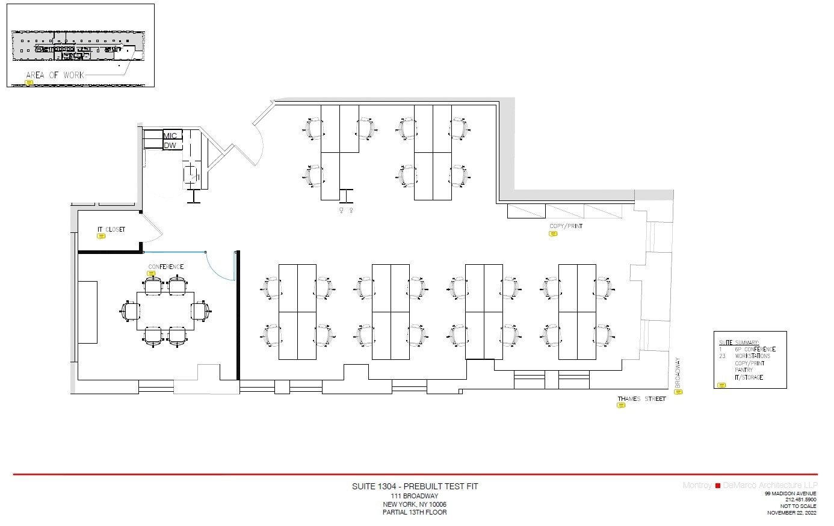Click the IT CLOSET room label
[x=111, y=229]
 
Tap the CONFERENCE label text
[x=166, y=267]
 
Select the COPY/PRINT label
[x=566, y=226]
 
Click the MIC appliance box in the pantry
[x=170, y=135]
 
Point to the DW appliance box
[x=170, y=145]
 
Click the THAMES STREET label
[x=641, y=399]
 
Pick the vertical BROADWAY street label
[x=678, y=373]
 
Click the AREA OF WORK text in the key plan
[x=55, y=75]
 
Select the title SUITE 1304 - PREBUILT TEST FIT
[x=415, y=486]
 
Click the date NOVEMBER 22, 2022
[x=791, y=513]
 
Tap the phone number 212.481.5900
[x=800, y=500]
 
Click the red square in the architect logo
[x=717, y=486]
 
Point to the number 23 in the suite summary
[x=722, y=356]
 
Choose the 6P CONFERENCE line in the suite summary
[x=755, y=349]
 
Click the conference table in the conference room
[x=165, y=311]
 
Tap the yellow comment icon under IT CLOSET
[x=101, y=237]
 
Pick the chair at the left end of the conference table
[x=131, y=311]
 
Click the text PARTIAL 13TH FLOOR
[x=415, y=513]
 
